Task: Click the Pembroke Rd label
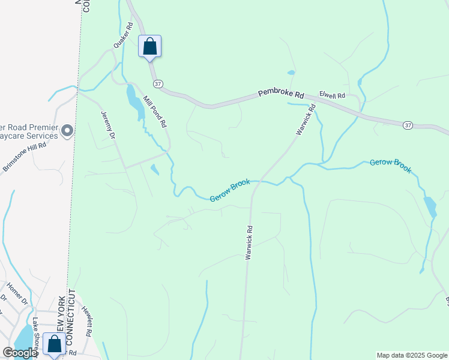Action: (x=282, y=94)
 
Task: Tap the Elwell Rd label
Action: (x=332, y=95)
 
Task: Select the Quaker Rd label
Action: (x=122, y=36)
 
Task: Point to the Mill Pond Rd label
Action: (x=154, y=112)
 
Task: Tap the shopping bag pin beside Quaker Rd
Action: (x=149, y=46)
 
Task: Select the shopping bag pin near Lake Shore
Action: (x=55, y=344)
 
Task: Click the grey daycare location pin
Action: (x=67, y=130)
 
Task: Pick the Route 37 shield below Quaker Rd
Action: (x=157, y=83)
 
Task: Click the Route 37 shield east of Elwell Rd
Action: (x=408, y=125)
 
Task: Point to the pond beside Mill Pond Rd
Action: (x=135, y=102)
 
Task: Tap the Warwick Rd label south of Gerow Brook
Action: (x=248, y=242)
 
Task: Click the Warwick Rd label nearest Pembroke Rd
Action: (x=305, y=120)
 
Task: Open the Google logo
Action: (x=20, y=353)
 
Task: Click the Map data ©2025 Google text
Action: (x=412, y=355)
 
